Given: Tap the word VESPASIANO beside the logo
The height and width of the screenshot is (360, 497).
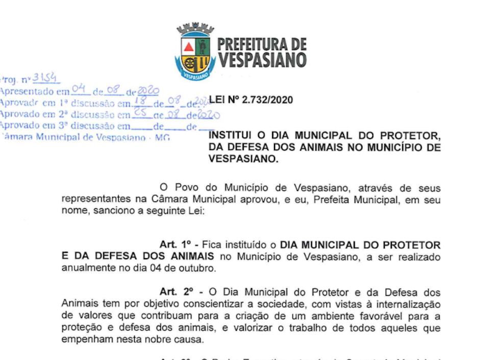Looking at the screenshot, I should (x=262, y=60).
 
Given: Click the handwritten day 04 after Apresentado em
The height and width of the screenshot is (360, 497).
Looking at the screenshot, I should (x=79, y=90).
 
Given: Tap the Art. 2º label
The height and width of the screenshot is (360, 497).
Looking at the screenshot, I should (x=177, y=292).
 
